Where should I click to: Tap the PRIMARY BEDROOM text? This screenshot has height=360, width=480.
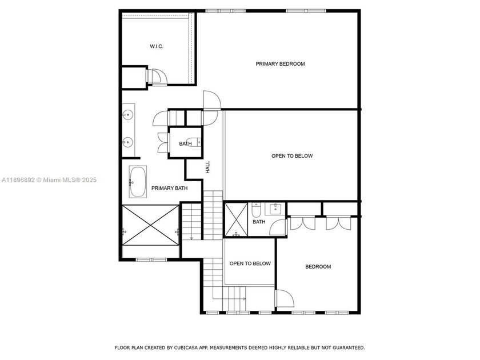tap(280, 64)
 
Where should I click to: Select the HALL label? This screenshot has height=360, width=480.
tap(207, 167)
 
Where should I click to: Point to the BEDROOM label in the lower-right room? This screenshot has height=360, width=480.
tap(318, 267)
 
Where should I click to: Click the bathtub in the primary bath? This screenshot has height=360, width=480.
tap(137, 182)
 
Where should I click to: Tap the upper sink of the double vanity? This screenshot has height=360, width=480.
tap(127, 115)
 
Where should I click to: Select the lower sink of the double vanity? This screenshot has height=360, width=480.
tap(127, 141)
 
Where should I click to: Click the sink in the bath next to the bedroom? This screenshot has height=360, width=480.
tap(276, 208)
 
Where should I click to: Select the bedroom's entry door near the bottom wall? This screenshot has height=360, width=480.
tap(283, 299)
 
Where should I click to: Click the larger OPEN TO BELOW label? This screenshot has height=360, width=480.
tap(291, 156)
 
